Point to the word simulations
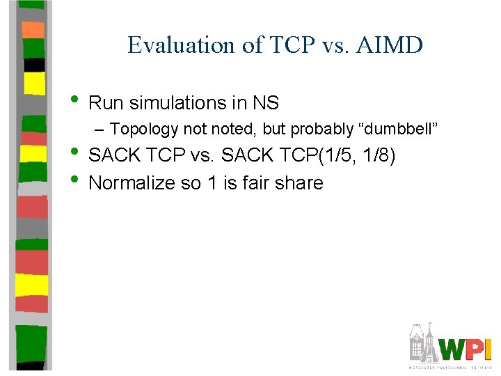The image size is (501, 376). click(x=175, y=104)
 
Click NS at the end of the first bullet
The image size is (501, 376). click(x=266, y=104)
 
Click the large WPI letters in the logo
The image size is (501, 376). click(x=466, y=349)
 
